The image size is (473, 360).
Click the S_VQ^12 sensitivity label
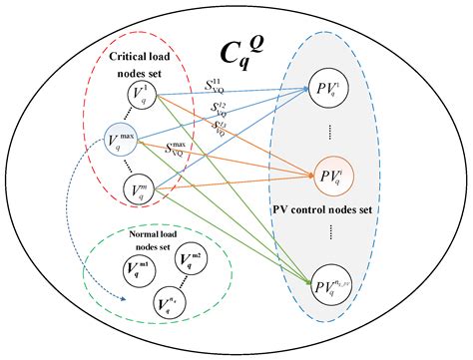221,106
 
